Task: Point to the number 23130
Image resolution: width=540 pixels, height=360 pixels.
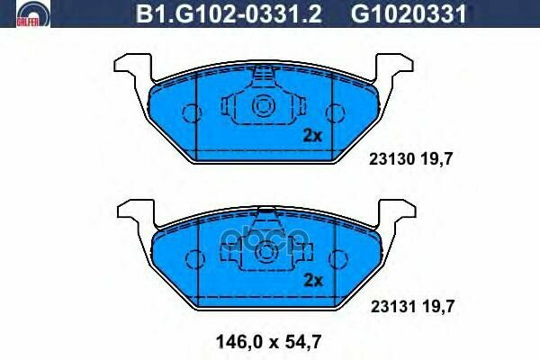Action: [390, 159]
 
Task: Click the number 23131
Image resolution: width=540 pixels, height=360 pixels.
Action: [390, 307]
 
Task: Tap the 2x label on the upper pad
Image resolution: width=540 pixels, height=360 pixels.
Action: [311, 137]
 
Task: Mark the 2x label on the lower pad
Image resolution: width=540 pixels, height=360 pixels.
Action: [311, 279]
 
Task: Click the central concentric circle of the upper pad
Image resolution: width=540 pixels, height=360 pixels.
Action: [265, 106]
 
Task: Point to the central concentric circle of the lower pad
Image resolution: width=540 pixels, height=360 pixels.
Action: [265, 252]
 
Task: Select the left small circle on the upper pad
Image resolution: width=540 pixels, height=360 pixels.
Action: [191, 112]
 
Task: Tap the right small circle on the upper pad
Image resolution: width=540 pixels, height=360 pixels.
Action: [336, 112]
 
